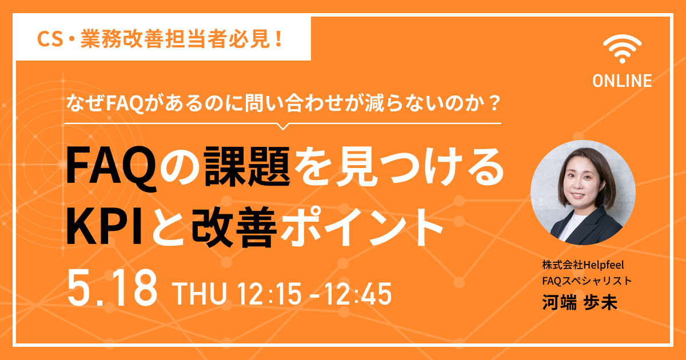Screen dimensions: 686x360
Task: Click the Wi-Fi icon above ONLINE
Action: [x=622, y=49]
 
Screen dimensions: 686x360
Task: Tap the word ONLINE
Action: [x=622, y=81]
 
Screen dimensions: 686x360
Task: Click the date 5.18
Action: [x=112, y=288]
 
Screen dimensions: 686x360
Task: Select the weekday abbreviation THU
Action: [x=200, y=294]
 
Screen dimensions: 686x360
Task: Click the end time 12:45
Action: [x=358, y=294]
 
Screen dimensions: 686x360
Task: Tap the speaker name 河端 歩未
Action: [x=580, y=302]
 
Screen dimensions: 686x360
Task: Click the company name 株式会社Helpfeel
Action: [x=583, y=265]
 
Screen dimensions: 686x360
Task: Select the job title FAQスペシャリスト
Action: [x=587, y=281]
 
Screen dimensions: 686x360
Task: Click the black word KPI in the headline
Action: [x=105, y=227]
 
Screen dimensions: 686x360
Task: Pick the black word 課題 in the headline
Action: [x=247, y=166]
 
